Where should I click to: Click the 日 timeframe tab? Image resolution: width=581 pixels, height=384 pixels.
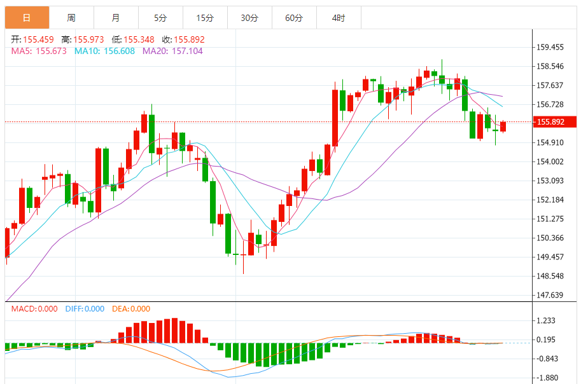pyautogui.click(x=27, y=18)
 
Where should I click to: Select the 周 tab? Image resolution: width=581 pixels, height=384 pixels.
pyautogui.click(x=71, y=18)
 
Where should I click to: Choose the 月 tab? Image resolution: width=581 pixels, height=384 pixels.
pyautogui.click(x=115, y=18)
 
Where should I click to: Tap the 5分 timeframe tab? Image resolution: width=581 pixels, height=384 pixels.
pyautogui.click(x=160, y=18)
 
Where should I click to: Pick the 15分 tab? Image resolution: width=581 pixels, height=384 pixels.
pyautogui.click(x=205, y=18)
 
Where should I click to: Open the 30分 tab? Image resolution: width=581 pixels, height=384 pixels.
pyautogui.click(x=249, y=18)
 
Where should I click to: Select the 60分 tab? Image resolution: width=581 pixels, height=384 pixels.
pyautogui.click(x=294, y=18)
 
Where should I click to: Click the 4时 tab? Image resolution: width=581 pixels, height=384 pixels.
pyautogui.click(x=339, y=18)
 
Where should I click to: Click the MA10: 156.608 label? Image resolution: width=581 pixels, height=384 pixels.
pyautogui.click(x=104, y=51)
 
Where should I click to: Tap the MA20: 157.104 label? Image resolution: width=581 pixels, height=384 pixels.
pyautogui.click(x=172, y=51)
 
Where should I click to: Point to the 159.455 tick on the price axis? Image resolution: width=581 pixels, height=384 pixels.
pyautogui.click(x=550, y=47)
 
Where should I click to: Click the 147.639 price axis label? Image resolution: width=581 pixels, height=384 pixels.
pyautogui.click(x=550, y=295)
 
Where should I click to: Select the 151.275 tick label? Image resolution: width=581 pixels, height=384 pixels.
pyautogui.click(x=550, y=219)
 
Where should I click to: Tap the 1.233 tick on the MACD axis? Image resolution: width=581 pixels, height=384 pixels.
pyautogui.click(x=546, y=321)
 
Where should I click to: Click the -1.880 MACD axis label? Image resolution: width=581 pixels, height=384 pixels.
pyautogui.click(x=546, y=378)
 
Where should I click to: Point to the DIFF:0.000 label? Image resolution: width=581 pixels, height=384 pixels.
pyautogui.click(x=85, y=309)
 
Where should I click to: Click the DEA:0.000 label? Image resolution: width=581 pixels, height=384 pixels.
pyautogui.click(x=131, y=309)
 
